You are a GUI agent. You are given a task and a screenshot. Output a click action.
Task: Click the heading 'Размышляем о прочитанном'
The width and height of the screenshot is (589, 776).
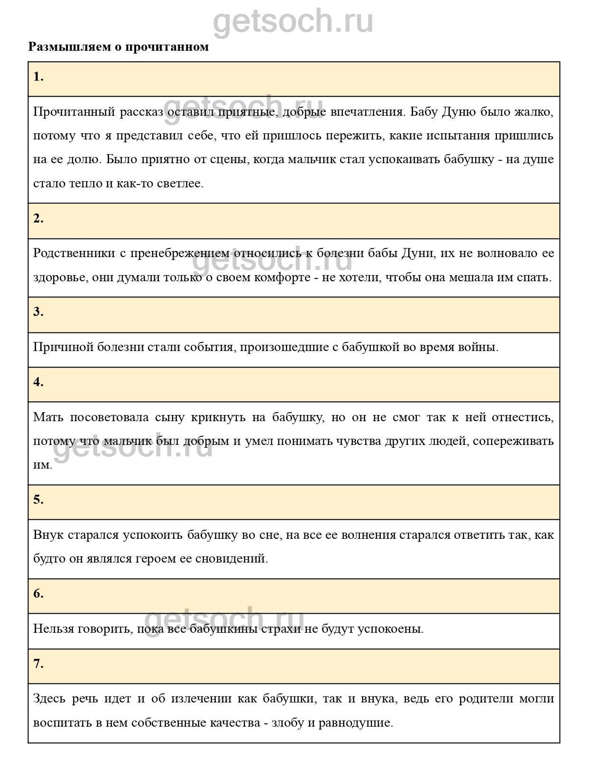click(119, 47)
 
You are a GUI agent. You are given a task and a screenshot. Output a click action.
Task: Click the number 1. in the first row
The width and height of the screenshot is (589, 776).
click(38, 77)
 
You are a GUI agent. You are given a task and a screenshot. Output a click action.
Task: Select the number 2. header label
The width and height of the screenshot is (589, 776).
click(38, 219)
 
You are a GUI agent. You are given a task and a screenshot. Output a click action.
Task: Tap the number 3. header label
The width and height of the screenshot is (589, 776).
click(38, 312)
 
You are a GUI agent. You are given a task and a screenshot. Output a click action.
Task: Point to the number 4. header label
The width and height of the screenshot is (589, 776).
click(38, 382)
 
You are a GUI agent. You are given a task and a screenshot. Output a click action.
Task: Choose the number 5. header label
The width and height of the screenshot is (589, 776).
click(38, 500)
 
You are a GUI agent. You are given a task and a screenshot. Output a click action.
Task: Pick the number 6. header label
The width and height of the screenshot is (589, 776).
click(38, 594)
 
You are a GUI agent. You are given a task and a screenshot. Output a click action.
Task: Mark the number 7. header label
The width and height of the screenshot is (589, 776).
click(38, 664)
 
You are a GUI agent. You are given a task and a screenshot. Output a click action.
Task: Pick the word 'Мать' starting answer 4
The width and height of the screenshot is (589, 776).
click(46, 417)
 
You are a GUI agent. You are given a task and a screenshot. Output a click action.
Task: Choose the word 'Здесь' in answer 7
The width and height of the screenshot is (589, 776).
click(49, 699)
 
